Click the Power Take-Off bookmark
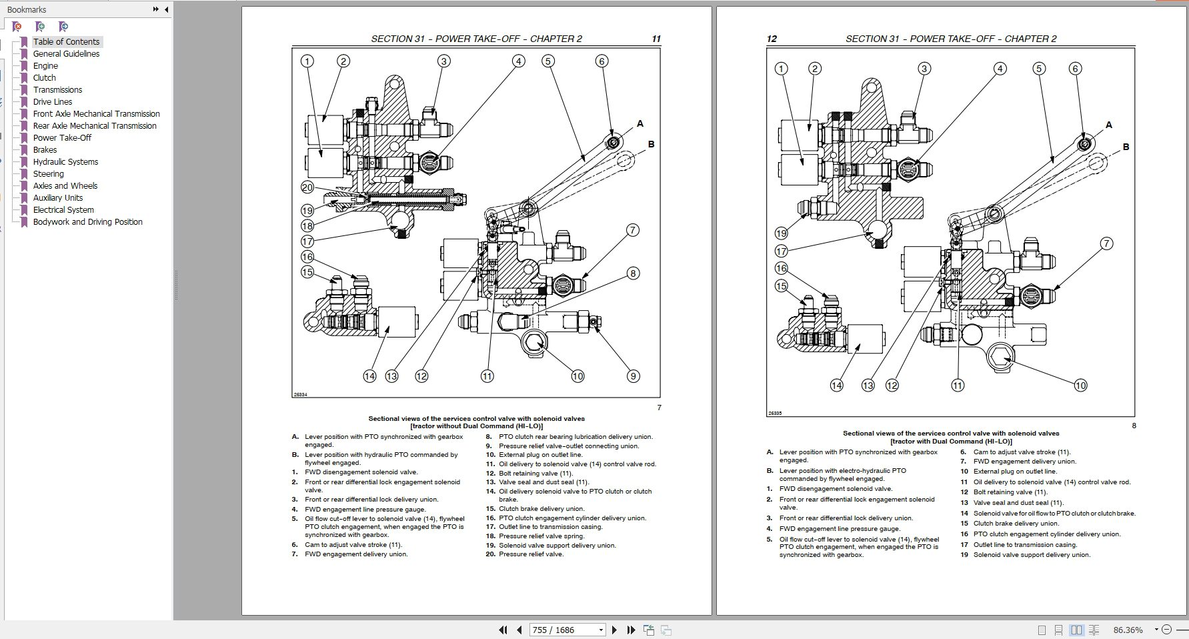click(62, 137)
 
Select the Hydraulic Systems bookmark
click(65, 161)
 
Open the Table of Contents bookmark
click(66, 41)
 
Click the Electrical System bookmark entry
click(63, 209)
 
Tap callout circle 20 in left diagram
click(307, 187)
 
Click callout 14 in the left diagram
click(369, 376)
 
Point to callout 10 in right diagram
click(1080, 385)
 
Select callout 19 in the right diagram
click(781, 233)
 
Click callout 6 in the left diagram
click(602, 61)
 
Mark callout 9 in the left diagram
click(634, 376)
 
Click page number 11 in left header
click(656, 39)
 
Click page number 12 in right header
click(772, 39)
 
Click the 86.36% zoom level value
click(1128, 630)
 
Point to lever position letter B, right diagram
click(1126, 147)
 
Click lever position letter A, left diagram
click(640, 123)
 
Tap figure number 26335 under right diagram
click(775, 414)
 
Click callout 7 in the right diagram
click(1106, 243)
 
